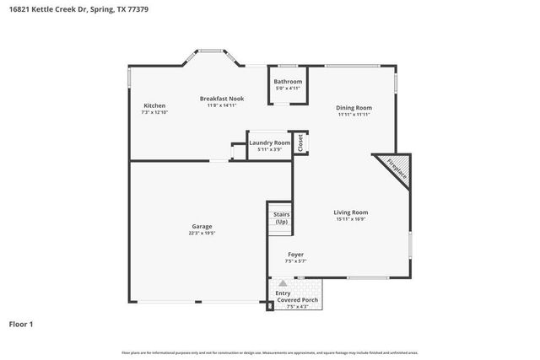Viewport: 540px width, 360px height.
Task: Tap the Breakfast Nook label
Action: point(222,99)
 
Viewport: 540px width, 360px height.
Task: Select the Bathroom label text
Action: point(288,82)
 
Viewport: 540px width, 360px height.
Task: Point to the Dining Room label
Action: point(354,108)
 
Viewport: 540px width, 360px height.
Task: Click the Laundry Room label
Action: point(270,143)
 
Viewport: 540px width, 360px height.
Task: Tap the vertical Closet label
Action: point(300,142)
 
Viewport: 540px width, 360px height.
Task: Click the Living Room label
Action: point(350,212)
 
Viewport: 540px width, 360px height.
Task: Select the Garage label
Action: point(202,226)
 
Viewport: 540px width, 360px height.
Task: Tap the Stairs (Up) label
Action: point(281,218)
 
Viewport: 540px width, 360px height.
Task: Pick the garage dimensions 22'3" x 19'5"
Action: point(202,234)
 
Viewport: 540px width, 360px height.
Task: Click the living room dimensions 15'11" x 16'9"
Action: point(350,219)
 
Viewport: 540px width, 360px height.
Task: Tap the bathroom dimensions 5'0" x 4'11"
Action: point(288,89)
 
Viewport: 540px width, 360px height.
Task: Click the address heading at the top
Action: point(65,9)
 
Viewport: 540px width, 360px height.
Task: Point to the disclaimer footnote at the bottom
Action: point(270,352)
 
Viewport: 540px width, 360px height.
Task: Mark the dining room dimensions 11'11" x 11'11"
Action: point(354,115)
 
